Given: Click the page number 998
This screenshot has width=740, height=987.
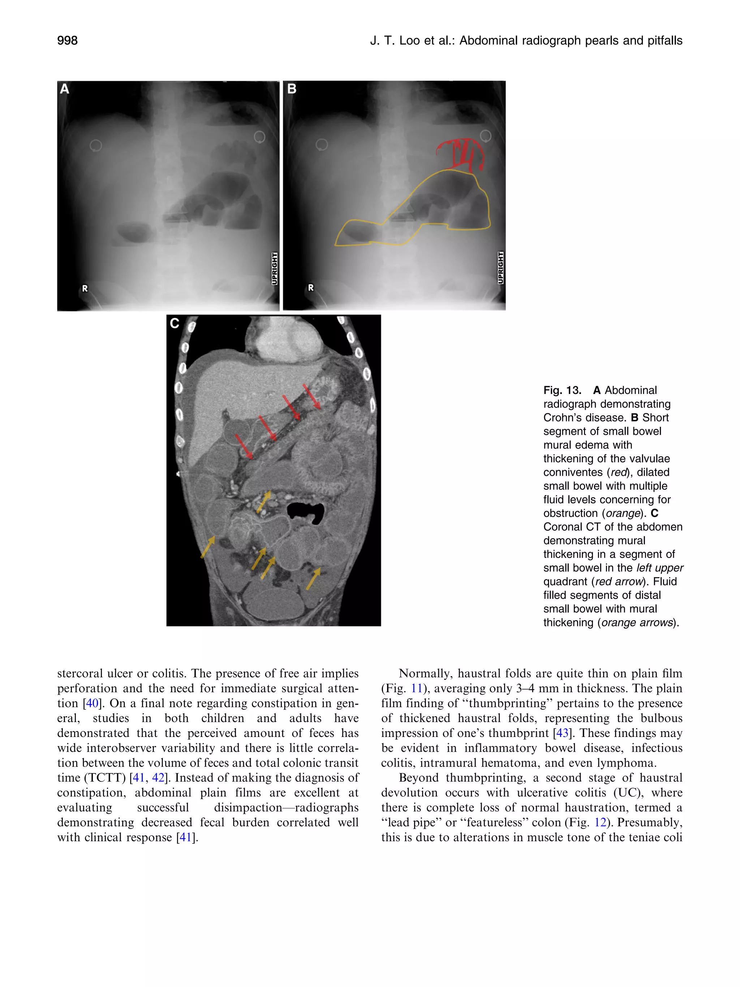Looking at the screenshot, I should point(67,40).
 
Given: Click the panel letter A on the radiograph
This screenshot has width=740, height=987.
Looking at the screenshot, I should point(65,89).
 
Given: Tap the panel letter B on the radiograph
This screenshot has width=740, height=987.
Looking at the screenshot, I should point(292,89).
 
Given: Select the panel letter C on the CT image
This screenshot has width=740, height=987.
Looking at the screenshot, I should point(175,323).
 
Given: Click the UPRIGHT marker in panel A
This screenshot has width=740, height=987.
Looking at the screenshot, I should point(275,268).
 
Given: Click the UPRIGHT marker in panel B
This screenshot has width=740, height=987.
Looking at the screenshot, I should point(500,268).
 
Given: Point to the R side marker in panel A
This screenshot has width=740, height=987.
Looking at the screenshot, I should point(85,288).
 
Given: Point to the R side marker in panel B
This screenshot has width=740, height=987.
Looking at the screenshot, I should point(311,288).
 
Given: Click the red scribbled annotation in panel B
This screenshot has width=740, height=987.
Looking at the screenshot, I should point(462,154).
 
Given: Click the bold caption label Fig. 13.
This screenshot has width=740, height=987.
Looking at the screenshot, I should point(562,390).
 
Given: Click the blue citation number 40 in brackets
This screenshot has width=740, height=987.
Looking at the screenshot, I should point(92,704).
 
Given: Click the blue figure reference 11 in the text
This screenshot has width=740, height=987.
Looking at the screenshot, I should point(416,688).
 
